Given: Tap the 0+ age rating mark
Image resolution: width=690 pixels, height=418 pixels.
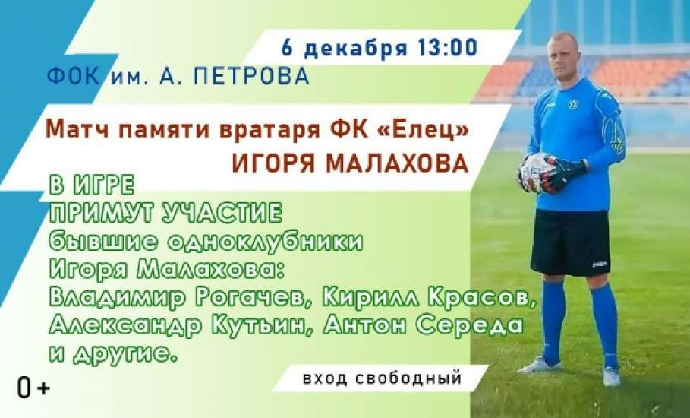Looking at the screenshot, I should pos(33,388).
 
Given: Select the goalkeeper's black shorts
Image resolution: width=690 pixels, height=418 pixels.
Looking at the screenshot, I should pos(570,242).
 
